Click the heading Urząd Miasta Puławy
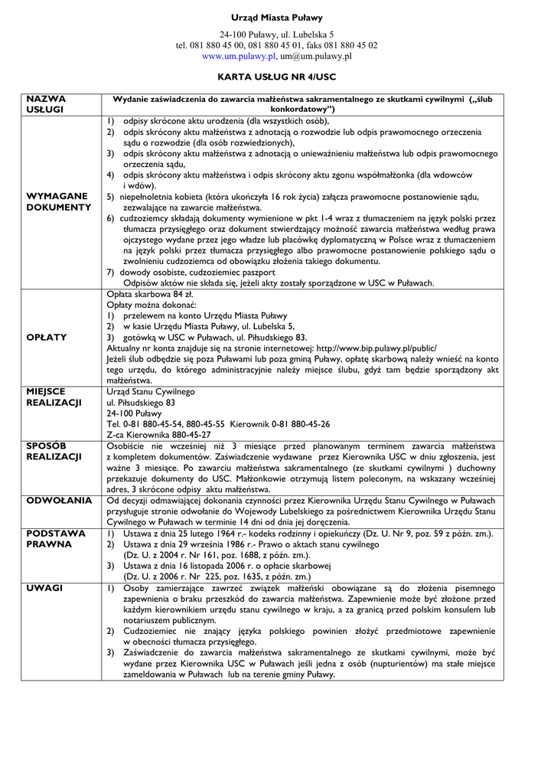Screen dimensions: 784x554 tap(276, 18)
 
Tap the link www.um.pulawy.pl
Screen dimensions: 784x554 tap(238, 56)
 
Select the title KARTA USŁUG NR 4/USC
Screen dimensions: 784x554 tap(276, 77)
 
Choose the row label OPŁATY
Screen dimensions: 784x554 tap(47, 337)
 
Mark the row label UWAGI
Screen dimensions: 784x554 tap(44, 587)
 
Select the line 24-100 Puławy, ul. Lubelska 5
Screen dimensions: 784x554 tap(276, 34)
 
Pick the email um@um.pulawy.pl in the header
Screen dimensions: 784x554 tap(315, 56)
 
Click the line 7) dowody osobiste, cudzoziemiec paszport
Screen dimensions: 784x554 tap(191, 272)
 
